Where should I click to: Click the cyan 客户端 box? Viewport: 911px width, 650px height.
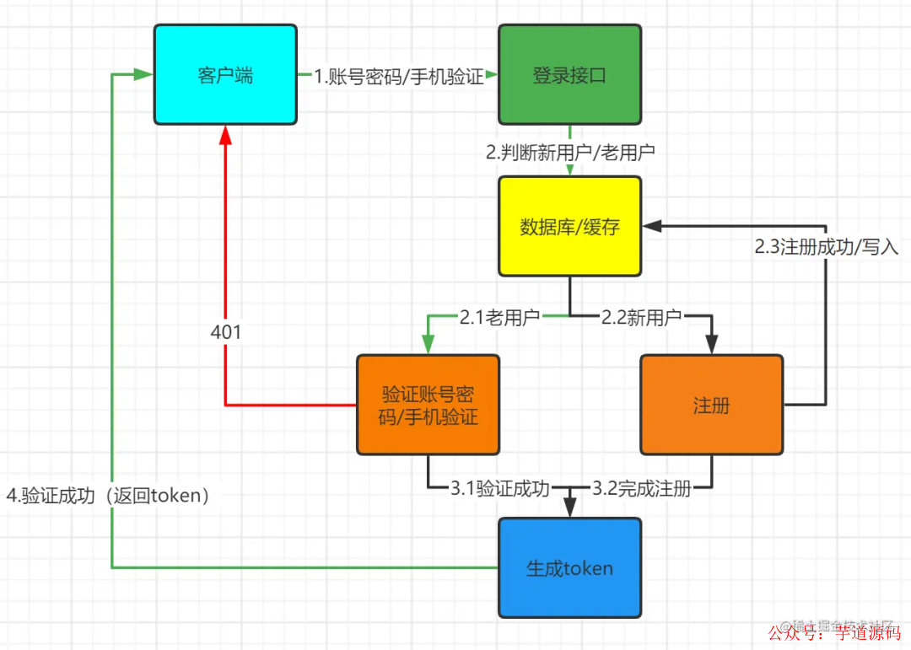point(225,75)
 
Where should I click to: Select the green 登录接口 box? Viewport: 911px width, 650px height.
point(569,75)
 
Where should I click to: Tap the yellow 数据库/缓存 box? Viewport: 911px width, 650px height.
point(569,226)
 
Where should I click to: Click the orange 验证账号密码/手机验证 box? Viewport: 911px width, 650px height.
point(428,405)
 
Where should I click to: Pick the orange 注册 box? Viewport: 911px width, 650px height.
point(711,405)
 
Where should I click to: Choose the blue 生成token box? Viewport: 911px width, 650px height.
point(569,567)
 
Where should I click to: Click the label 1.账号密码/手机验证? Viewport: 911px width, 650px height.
point(399,77)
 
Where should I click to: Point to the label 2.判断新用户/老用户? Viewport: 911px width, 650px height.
point(570,153)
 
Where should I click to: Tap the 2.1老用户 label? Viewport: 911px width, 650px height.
point(499,318)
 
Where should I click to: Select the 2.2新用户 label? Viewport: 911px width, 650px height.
point(641,318)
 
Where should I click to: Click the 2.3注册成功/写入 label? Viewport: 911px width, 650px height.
point(827,249)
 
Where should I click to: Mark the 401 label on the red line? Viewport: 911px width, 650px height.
point(226,332)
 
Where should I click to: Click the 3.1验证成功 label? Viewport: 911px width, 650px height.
point(499,488)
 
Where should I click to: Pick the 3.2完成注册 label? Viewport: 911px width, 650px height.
point(641,488)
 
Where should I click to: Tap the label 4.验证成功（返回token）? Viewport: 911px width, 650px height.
point(108,496)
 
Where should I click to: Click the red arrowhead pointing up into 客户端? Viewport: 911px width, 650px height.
point(225,134)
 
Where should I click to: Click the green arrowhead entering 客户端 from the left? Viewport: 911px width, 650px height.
point(144,75)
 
